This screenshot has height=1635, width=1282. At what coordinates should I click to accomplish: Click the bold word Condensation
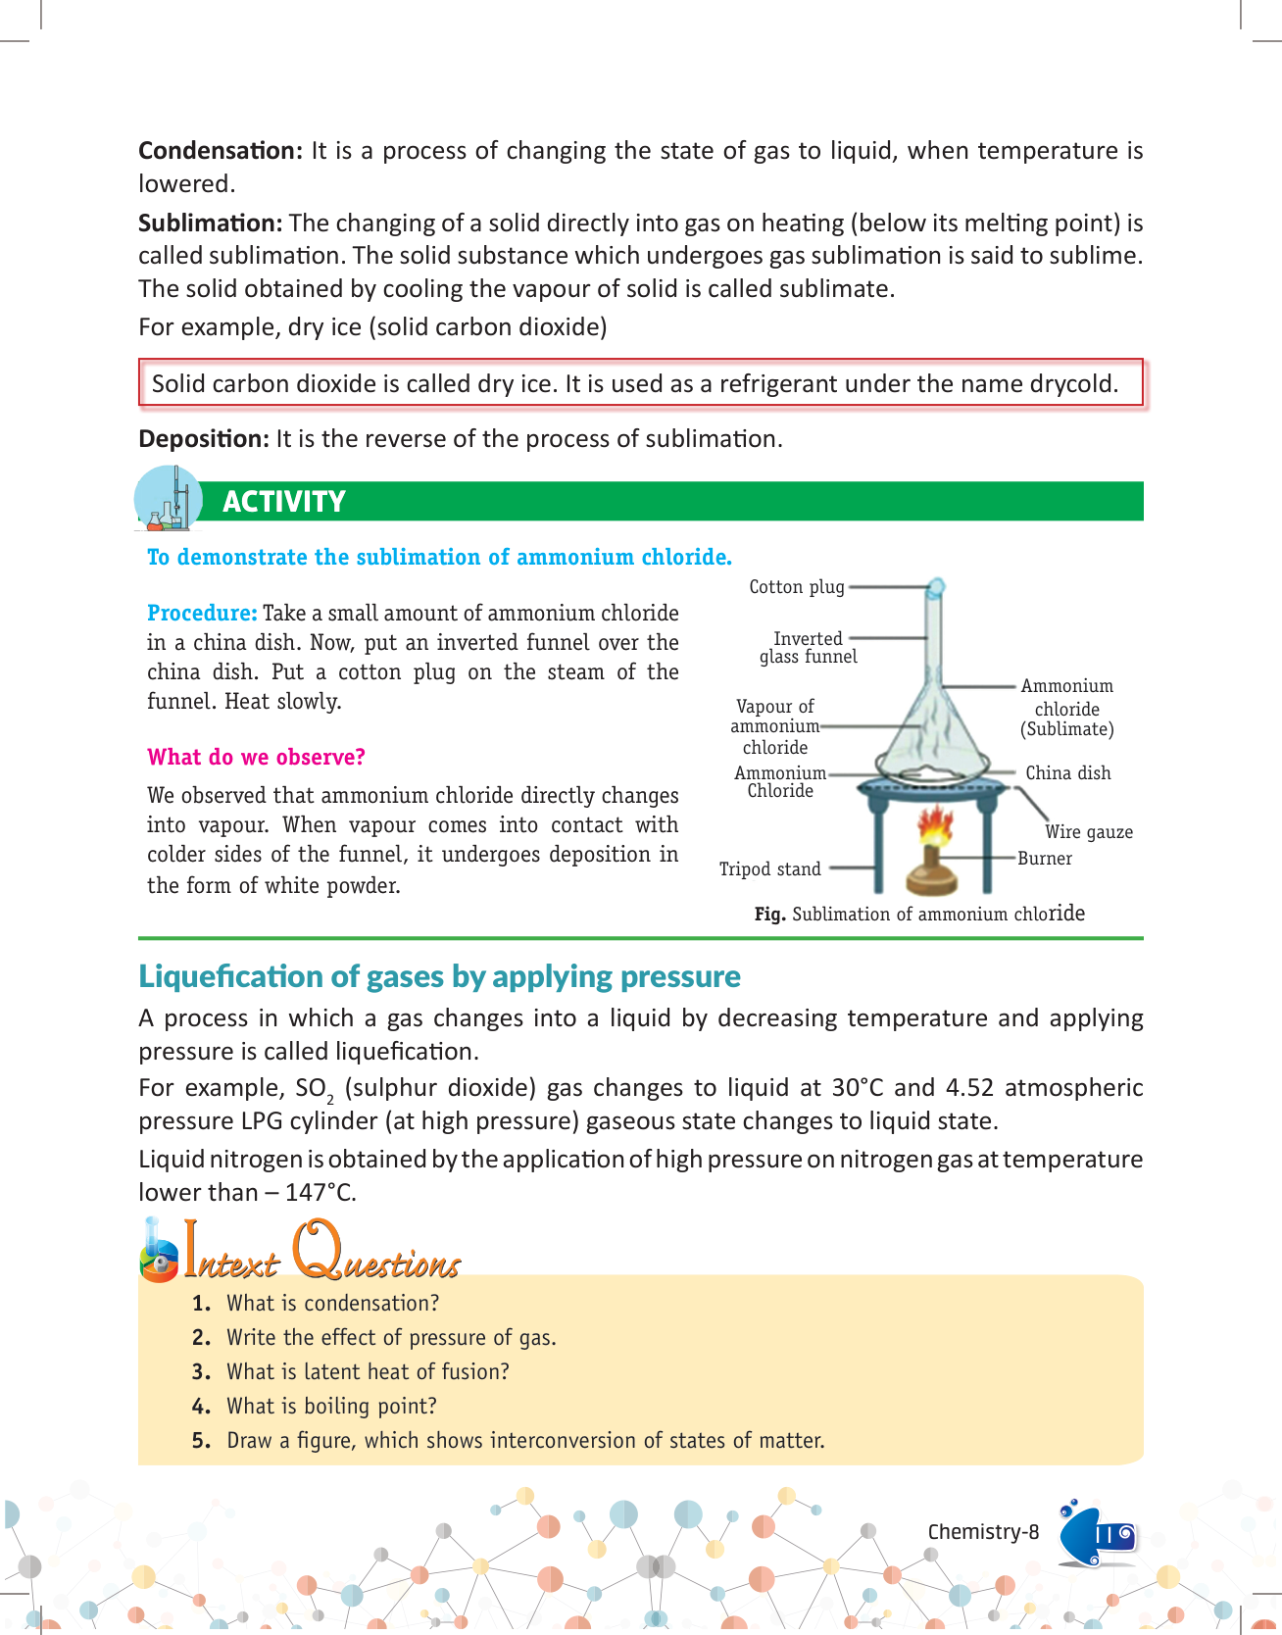pos(221,151)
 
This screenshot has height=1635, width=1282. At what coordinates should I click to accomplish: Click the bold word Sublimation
pos(211,223)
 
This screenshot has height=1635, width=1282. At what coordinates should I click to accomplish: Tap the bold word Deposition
pos(203,439)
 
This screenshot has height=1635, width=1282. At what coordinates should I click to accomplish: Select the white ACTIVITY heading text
pos(284,502)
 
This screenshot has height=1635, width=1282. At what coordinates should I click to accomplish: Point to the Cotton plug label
pos(796,587)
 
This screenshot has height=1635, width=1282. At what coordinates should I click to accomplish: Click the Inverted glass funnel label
pos(809,648)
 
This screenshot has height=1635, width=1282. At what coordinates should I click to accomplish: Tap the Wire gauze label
pos(1088,832)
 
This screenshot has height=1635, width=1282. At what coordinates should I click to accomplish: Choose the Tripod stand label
pos(769,869)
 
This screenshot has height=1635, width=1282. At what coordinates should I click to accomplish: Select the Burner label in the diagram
pos(1045,859)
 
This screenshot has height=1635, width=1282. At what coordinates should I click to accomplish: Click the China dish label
pos(1067,773)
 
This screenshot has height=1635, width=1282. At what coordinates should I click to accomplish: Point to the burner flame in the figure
pos(936,826)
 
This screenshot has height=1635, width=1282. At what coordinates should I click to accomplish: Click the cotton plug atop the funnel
pos(936,586)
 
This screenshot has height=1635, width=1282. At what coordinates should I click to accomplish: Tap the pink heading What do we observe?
pos(256,758)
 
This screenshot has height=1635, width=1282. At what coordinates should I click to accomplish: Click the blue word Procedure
pos(202,614)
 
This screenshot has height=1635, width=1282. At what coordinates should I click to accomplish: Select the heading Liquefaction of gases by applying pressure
pos(439,977)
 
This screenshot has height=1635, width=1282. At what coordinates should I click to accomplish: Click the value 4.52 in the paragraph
pos(968,1088)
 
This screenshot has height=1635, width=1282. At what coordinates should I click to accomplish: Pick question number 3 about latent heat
pos(368,1372)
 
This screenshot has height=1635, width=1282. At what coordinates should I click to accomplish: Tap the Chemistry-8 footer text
pos(983,1532)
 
